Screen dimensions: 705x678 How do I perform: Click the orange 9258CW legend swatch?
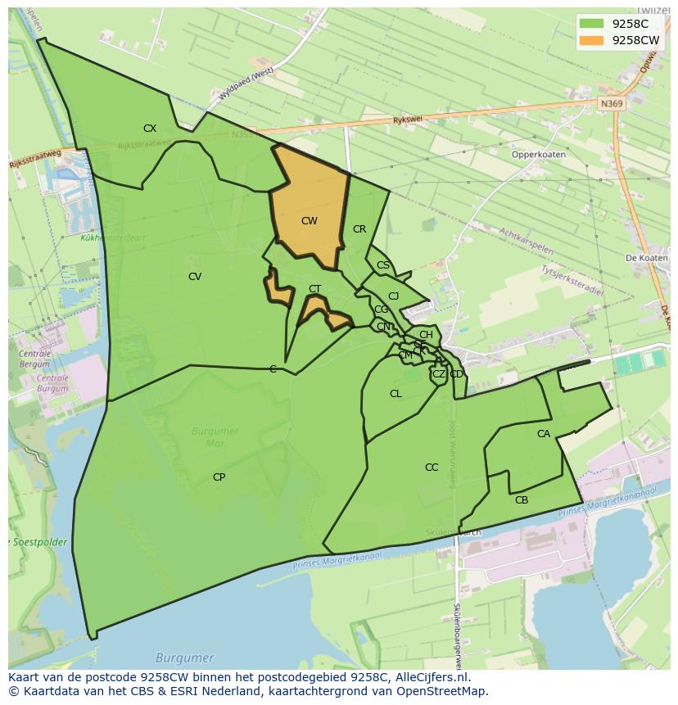[591, 41]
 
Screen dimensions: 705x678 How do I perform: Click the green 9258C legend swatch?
[591, 24]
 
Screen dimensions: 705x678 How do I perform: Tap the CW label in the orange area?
[309, 221]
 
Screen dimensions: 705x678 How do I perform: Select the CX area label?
[150, 129]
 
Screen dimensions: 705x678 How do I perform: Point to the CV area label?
[194, 277]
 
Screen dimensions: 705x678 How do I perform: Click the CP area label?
[219, 477]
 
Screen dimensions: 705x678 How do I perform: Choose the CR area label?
[359, 229]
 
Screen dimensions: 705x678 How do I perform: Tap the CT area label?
[314, 289]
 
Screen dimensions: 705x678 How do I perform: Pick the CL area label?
[395, 394]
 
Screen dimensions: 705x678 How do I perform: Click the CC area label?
[432, 468]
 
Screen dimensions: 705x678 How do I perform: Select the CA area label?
[544, 434]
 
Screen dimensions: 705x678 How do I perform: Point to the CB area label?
[522, 500]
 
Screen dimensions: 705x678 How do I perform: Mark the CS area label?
[383, 265]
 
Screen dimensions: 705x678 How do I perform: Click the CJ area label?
[393, 296]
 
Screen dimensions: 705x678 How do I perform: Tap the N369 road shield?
[610, 104]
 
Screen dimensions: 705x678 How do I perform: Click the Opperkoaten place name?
[538, 154]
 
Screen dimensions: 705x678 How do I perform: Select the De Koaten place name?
[647, 258]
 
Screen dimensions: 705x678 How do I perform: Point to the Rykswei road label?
[406, 119]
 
